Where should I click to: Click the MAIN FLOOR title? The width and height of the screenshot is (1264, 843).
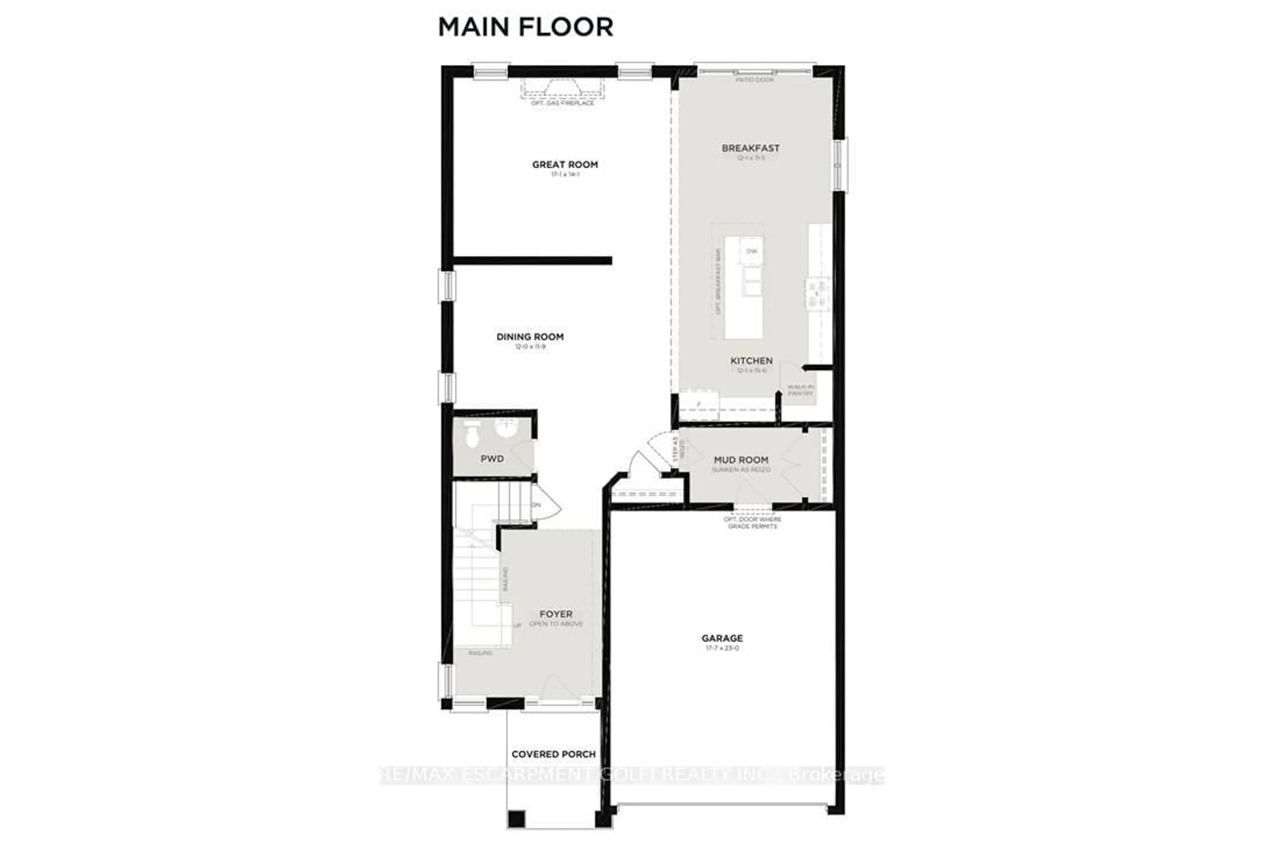[526, 27]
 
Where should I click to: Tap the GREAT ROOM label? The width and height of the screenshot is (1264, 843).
[565, 165]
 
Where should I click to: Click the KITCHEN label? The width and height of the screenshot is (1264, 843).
[751, 361]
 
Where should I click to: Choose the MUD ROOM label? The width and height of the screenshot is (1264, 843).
[741, 460]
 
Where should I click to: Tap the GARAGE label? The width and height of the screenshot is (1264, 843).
[722, 638]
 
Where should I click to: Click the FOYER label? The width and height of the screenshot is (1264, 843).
[556, 614]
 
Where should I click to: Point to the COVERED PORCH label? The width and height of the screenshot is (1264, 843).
[554, 754]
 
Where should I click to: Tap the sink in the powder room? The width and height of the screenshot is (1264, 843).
[506, 428]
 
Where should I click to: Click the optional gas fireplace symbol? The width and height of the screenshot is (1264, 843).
[562, 88]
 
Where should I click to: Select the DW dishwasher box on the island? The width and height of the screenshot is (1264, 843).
[751, 251]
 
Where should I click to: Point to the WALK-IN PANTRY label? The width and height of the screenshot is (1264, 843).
[800, 390]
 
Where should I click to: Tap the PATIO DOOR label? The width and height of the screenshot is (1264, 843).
[754, 80]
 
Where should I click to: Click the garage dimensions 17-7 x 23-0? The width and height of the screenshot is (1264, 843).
[722, 648]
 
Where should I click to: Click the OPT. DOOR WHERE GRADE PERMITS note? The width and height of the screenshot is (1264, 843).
[752, 523]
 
